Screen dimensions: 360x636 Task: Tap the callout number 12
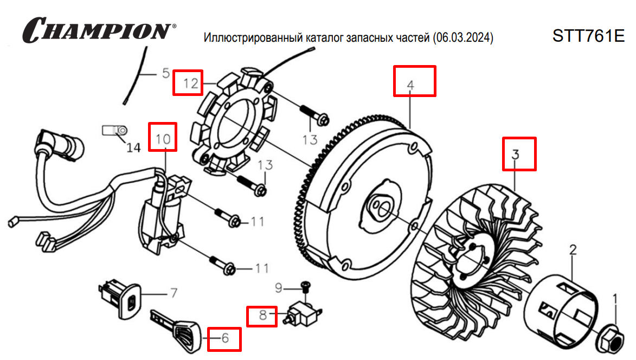[188, 83]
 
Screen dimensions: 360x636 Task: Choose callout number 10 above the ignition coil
[163, 138]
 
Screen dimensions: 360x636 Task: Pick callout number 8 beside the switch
[262, 316]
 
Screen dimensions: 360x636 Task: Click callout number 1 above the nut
[615, 298]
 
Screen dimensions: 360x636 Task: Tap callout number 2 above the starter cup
[573, 250]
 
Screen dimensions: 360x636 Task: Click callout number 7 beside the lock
[174, 293]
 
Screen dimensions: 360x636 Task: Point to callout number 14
[133, 147]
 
